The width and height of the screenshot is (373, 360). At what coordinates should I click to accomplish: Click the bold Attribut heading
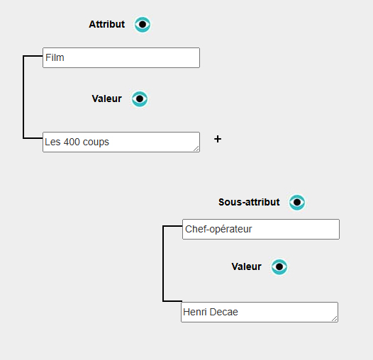107,24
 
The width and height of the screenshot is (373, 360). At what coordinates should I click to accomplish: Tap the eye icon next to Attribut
143,24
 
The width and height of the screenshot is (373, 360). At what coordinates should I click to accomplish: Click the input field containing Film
121,58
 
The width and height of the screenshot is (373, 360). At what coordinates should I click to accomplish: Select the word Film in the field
55,57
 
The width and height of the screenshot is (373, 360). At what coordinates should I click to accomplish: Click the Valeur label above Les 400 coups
107,99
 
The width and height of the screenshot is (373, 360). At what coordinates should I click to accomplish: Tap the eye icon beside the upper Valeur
140,99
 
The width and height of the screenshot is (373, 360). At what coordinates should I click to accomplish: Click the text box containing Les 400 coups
121,142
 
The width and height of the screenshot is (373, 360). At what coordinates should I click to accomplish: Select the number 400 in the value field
72,142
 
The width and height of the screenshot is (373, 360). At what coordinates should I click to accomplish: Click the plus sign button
218,139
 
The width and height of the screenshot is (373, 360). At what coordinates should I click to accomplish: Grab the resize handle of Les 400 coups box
196,149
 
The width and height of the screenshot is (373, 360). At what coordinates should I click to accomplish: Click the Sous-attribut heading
249,202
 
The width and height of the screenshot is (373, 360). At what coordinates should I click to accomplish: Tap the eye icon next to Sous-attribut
297,202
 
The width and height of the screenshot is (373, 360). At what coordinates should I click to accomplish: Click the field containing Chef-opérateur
261,229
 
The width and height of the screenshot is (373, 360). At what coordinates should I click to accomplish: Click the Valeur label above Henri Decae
247,266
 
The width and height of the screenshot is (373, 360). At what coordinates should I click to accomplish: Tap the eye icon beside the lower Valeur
279,266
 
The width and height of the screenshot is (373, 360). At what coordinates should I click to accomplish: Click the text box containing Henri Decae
260,313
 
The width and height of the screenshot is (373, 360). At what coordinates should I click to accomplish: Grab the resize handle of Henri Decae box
335,319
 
